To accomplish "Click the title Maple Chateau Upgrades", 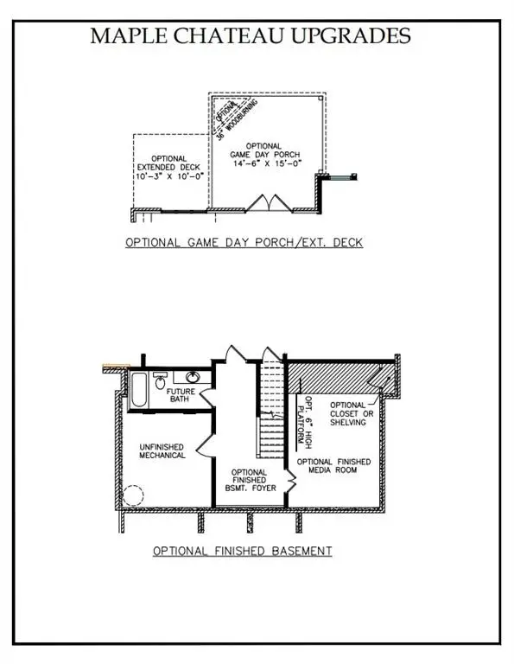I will point(251,35).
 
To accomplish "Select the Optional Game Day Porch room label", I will point(264,151).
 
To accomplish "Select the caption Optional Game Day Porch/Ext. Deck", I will point(244,243).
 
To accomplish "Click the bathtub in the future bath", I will point(137,391).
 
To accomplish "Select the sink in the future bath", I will point(192,377).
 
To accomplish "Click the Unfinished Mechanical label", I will point(162,450).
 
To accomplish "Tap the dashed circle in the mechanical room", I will point(131,496).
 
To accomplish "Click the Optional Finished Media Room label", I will point(334,468).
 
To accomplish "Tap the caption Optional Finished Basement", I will point(243,551).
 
